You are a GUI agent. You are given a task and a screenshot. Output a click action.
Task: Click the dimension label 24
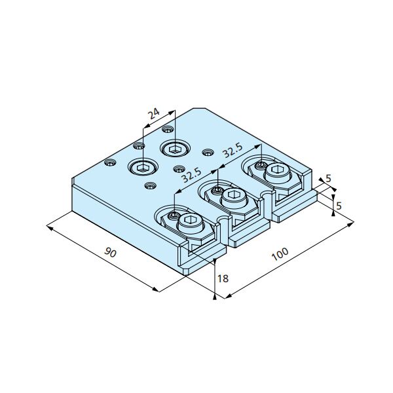click(x=153, y=114)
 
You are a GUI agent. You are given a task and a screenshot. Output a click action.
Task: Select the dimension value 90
click(x=110, y=252)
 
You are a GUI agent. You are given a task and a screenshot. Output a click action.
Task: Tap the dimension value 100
click(x=280, y=254)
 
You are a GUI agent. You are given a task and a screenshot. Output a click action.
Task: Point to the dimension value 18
click(x=223, y=278)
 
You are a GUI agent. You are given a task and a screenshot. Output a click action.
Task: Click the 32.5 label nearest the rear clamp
click(x=233, y=151)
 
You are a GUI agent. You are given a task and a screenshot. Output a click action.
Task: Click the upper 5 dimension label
click(x=328, y=179)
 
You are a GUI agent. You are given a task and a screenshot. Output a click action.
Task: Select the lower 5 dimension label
click(x=339, y=206)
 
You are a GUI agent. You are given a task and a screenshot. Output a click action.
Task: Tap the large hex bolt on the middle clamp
click(x=234, y=197)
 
